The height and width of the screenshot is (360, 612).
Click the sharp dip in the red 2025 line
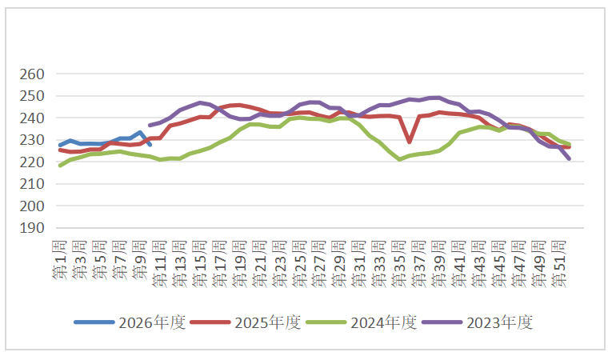pyautogui.click(x=410, y=142)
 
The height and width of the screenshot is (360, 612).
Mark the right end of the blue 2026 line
pyautogui.click(x=150, y=144)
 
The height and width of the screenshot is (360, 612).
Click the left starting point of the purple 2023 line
pyautogui.click(x=150, y=126)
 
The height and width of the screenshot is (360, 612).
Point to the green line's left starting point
pyautogui.click(x=60, y=166)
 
